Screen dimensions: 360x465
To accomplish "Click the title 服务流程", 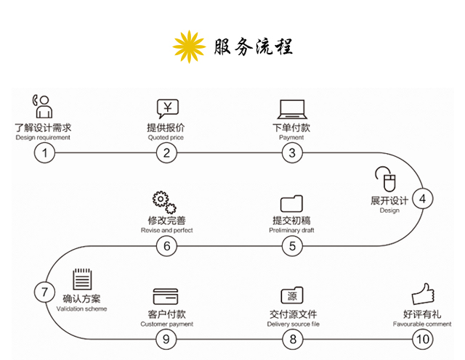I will pos(254,48).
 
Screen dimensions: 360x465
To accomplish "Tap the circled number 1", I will pos(46,152).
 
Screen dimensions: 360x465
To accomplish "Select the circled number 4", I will pos(422,197).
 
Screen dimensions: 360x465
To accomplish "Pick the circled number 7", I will pos(44,292).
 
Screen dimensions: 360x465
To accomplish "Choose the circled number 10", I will pos(421,338).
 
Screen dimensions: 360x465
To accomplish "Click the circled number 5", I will pos(291,246).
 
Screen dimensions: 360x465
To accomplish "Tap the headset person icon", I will pos(43,106).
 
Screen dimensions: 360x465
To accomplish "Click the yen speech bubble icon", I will pos(167,109).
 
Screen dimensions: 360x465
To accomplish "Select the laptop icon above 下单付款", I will pos(291,110).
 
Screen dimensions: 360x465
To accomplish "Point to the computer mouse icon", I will pos(384,179).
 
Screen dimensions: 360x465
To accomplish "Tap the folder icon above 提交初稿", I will pos(291,203).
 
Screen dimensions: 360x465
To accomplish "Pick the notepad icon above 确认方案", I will pos(81,280).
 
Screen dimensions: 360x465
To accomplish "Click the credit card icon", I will pos(166,297).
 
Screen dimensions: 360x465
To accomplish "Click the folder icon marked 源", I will pos(291,296).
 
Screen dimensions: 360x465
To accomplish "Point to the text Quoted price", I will pos(166,137).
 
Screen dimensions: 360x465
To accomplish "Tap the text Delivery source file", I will pos(291,324).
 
